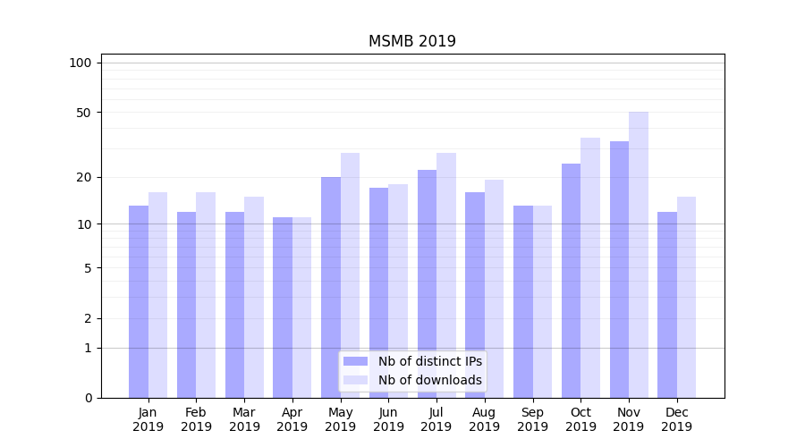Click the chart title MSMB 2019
pyautogui.click(x=412, y=41)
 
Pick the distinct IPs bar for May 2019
pyautogui.click(x=331, y=287)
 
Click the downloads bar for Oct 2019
pyautogui.click(x=590, y=267)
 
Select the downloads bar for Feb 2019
pyautogui.click(x=206, y=295)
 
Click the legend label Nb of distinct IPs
pyautogui.click(x=429, y=361)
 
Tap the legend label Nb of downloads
pyautogui.click(x=429, y=380)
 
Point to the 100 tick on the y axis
pyautogui.click(x=80, y=63)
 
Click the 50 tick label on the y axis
pyautogui.click(x=83, y=113)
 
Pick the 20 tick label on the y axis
pyautogui.click(x=83, y=177)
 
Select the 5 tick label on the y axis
pyautogui.click(x=87, y=268)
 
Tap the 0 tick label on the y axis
pyautogui.click(x=87, y=398)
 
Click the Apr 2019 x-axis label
pyautogui.click(x=292, y=419)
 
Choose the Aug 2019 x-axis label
pyautogui.click(x=485, y=419)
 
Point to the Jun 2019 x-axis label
pyautogui.click(x=388, y=419)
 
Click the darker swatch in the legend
pyautogui.click(x=356, y=361)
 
